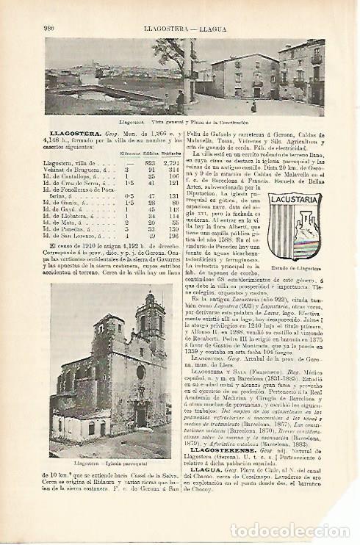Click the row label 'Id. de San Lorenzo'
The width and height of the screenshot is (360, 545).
[x=73, y=235]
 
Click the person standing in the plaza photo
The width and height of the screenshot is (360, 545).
[x=181, y=100]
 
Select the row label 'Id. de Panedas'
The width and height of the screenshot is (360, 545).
[x=71, y=228]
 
